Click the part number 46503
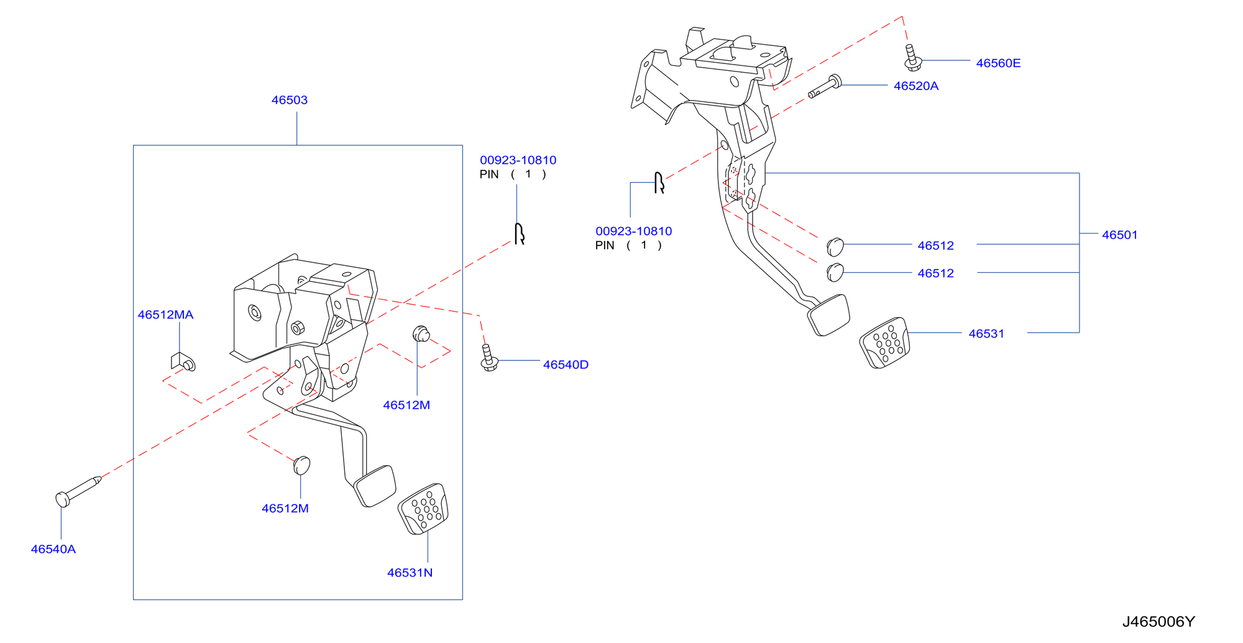pyautogui.click(x=289, y=100)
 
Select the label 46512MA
pyautogui.click(x=165, y=315)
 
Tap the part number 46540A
pyautogui.click(x=53, y=549)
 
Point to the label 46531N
pyautogui.click(x=410, y=573)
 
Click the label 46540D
pyautogui.click(x=566, y=365)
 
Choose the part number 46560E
pyautogui.click(x=998, y=63)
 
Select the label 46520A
pyautogui.click(x=915, y=86)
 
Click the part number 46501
pyautogui.click(x=1119, y=235)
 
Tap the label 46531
pyautogui.click(x=986, y=334)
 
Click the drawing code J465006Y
pyautogui.click(x=1158, y=622)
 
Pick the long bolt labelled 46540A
pyautogui.click(x=78, y=490)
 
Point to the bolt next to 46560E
pyautogui.click(x=912, y=58)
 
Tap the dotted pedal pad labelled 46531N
pyautogui.click(x=423, y=509)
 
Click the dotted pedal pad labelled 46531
pyautogui.click(x=884, y=343)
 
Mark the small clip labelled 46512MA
pyautogui.click(x=183, y=362)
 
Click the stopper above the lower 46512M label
pyautogui.click(x=301, y=465)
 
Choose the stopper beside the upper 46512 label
pyautogui.click(x=835, y=247)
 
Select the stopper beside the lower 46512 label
pyautogui.click(x=835, y=272)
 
